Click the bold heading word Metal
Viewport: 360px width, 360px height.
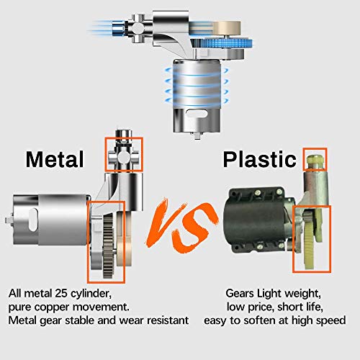point(55,159)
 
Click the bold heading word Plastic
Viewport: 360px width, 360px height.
point(260,159)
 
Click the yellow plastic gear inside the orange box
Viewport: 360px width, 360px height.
point(312,240)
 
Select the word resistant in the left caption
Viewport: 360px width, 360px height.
point(168,320)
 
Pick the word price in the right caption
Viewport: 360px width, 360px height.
point(260,307)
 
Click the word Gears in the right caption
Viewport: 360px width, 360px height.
point(240,293)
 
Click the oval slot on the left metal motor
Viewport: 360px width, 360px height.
point(33,220)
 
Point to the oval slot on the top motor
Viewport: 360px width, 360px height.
point(197,114)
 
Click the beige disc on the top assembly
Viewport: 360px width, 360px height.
point(227,27)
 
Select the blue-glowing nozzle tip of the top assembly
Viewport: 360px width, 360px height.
point(118,28)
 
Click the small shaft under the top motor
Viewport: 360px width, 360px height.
point(197,135)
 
